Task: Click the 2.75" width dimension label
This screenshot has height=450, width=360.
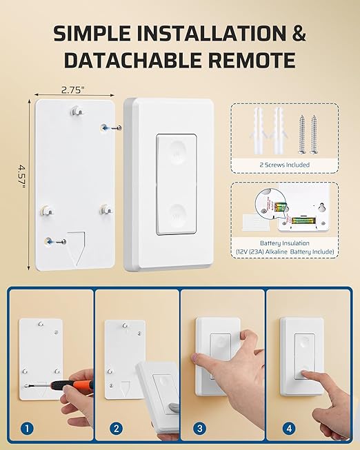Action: pos(73,90)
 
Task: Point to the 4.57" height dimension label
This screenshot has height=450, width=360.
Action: pos(21,176)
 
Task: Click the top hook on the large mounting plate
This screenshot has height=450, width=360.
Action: pos(77,110)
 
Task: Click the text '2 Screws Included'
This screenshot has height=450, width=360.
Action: pos(284,165)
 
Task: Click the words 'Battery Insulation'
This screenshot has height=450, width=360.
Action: pos(285,243)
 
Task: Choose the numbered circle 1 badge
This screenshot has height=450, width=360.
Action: pos(27,429)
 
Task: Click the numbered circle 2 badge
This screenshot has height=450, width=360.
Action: pos(116,429)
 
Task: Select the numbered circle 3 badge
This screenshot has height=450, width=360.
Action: pos(200,429)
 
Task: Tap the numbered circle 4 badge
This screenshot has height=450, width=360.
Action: pos(289,429)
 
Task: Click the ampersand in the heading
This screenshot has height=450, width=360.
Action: pos(298,33)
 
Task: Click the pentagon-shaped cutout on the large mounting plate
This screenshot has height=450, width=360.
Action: pos(76,249)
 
